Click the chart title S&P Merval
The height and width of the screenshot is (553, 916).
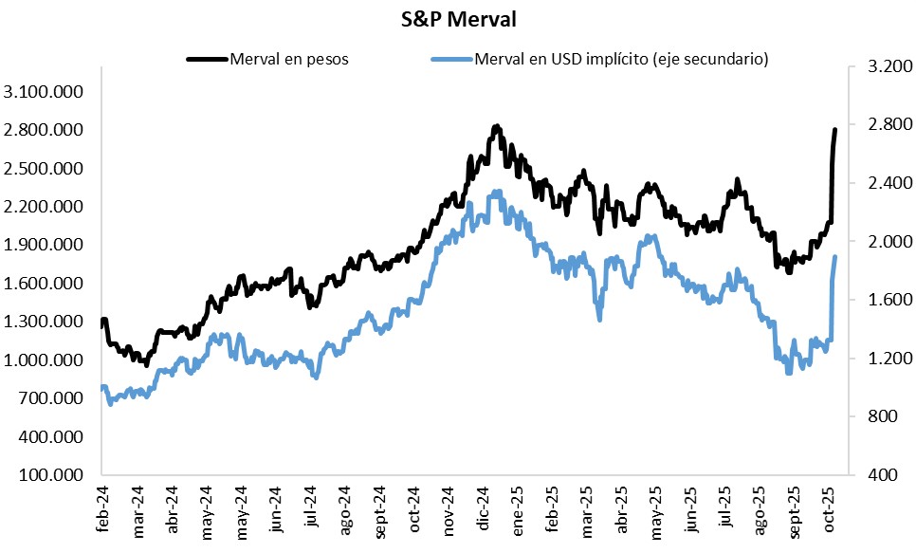457,18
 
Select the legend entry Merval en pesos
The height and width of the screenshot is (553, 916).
288,59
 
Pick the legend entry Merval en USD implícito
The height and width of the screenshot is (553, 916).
621,59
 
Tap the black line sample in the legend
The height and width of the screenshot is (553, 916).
208,59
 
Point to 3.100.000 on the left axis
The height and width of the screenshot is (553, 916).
44,92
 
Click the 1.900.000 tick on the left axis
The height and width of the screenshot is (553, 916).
44,245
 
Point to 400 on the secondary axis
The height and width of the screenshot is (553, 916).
882,475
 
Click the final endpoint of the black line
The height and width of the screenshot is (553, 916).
835,130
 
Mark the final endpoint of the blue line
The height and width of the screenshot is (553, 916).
835,257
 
